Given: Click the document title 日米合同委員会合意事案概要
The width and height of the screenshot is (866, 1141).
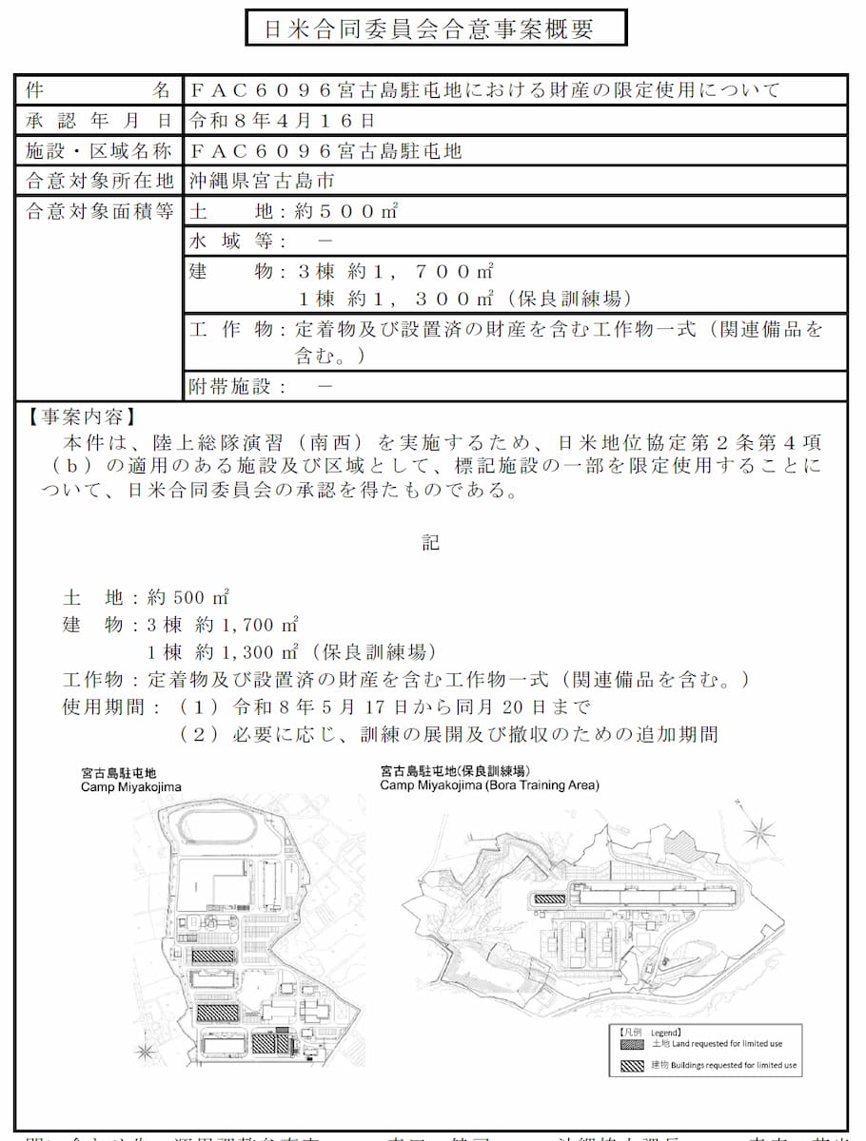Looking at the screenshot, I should pos(436,29).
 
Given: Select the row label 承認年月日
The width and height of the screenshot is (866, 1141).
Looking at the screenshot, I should pos(98,121).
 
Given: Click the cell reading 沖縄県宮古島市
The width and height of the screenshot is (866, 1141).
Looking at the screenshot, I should pos(261,181).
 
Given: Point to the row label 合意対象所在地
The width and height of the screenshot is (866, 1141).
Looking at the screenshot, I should pos(98,181).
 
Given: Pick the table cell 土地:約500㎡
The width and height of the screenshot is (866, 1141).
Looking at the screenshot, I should pos(294,211).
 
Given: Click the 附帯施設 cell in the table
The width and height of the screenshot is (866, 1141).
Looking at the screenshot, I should pos(262,386).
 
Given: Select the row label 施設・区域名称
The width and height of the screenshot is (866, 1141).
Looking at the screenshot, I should pos(98,151).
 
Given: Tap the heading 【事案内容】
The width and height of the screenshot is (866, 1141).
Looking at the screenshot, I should pos(81,417).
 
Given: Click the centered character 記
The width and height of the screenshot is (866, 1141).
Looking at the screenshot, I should pos(431,543).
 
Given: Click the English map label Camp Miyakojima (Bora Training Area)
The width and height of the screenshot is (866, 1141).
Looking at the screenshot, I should pos(489,786).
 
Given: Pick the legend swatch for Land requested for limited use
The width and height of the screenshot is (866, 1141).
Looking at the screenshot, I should pos(631,1044).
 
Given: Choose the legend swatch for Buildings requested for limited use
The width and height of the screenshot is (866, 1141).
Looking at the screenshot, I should pos(631,1065).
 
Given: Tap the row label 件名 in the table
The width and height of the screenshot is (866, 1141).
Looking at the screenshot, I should pos(98,90).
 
